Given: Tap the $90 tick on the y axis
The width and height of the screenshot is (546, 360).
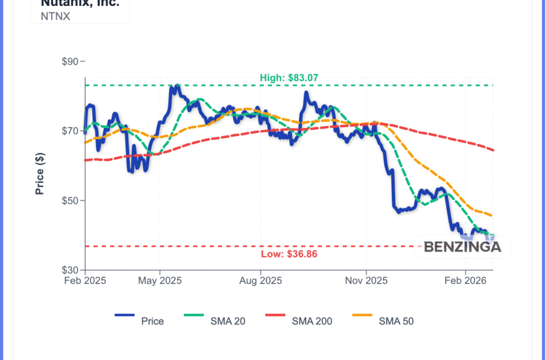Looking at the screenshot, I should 70,62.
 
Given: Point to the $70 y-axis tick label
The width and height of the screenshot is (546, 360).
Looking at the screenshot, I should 70,131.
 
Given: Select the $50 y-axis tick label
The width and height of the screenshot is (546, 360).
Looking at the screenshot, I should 70,201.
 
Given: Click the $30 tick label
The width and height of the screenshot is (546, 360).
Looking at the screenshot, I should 70,270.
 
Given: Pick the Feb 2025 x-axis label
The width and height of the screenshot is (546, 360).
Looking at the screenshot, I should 85,281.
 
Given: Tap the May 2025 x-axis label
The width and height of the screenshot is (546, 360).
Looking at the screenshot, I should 160,281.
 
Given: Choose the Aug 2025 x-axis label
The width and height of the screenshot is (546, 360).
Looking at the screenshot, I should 260,281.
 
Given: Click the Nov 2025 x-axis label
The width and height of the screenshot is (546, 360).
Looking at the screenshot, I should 366,281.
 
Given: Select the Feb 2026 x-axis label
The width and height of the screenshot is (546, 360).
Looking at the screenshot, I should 465,281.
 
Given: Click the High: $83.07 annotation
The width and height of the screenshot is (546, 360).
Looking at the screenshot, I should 289,78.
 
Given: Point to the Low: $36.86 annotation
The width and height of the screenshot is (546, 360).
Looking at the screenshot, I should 289,254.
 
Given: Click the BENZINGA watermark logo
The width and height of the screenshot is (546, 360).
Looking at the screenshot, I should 462,247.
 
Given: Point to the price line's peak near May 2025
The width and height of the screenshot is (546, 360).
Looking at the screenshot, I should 175,86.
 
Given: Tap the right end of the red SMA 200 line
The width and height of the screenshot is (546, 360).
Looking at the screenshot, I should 493,150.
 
